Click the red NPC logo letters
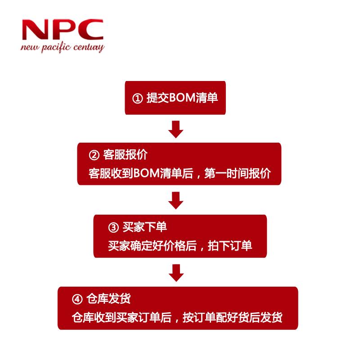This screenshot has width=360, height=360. (63, 30)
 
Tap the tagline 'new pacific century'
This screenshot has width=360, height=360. (63, 48)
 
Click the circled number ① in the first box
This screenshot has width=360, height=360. (138, 99)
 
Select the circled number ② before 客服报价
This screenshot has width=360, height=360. (94, 155)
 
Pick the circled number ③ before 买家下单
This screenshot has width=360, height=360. (113, 228)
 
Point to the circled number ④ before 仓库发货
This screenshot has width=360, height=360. (77, 299)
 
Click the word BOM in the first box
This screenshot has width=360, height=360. (182, 98)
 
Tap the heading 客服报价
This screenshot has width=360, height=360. (125, 154)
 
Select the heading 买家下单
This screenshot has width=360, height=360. (144, 227)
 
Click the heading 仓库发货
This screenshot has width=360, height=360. (108, 299)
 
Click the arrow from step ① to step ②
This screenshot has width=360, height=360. (176, 129)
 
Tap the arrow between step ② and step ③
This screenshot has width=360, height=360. (176, 200)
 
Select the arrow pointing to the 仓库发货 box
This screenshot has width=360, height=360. (176, 273)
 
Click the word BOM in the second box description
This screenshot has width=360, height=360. (147, 173)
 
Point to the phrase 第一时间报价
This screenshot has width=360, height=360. (238, 173)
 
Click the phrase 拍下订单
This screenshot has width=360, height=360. (230, 246)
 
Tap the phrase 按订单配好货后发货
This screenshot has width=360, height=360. (232, 318)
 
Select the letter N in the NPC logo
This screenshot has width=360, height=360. (34, 30)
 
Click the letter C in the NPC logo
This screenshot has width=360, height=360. (90, 30)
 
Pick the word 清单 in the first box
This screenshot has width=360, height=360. (207, 98)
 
